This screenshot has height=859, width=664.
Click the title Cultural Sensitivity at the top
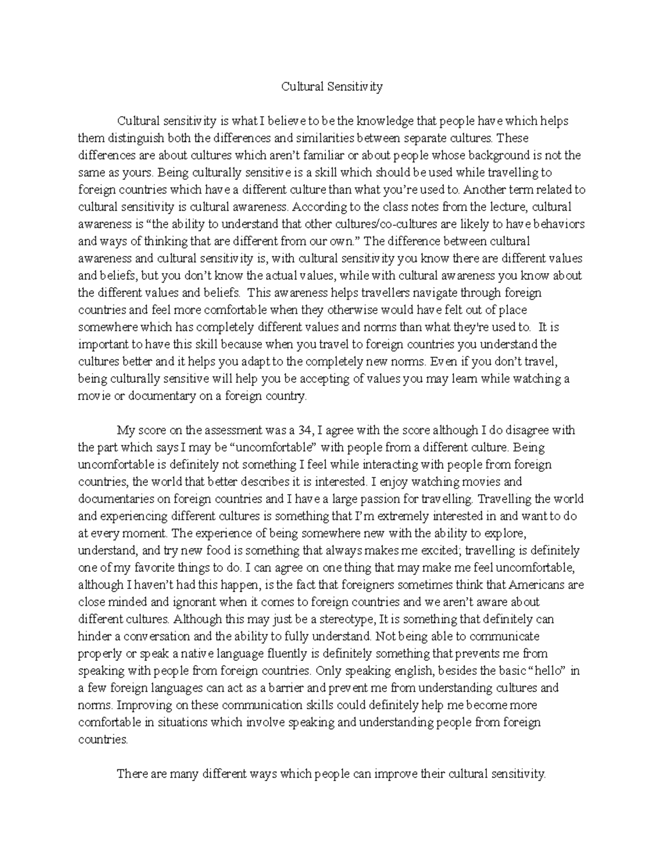(331, 87)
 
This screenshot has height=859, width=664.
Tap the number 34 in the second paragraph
(306, 430)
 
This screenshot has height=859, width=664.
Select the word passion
(374, 498)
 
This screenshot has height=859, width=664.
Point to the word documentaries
(116, 498)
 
